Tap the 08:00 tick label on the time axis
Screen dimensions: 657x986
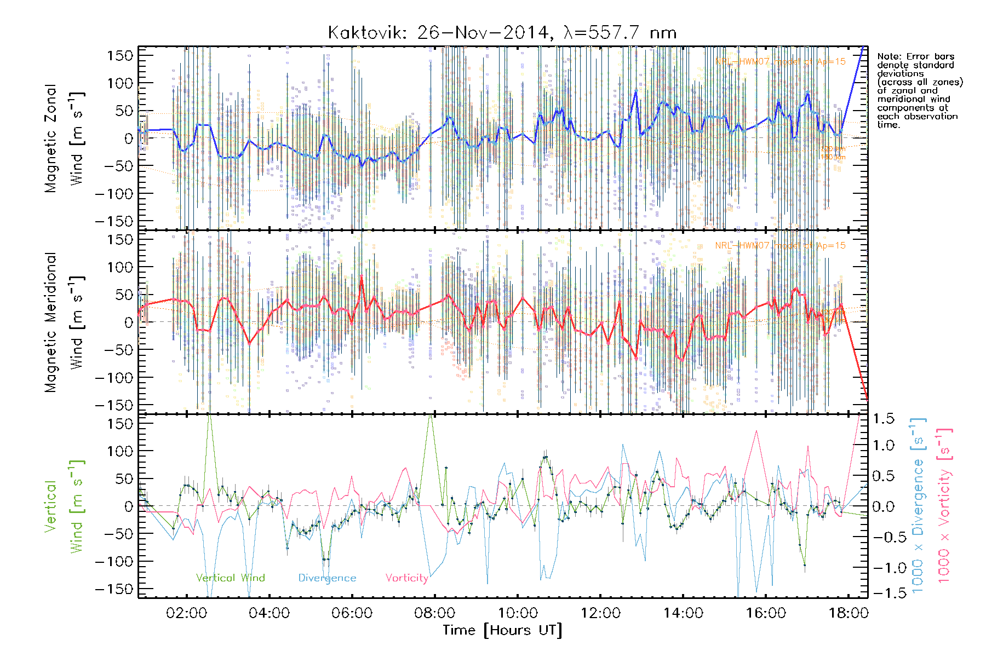pos(434,613)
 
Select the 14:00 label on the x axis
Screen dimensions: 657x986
pos(683,613)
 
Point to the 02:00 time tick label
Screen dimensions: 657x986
pos(186,613)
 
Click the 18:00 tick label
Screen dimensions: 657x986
pos(849,613)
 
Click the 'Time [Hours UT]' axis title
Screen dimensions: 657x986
pos(502,631)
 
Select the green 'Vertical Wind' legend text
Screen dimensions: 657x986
pos(230,578)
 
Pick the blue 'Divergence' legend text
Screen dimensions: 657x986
pos(327,578)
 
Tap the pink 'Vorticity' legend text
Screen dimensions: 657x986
pos(406,578)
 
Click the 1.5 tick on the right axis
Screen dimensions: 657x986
pos(884,419)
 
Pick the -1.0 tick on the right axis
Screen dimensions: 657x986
pos(882,568)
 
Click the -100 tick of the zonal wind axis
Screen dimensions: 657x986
pos(114,194)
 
